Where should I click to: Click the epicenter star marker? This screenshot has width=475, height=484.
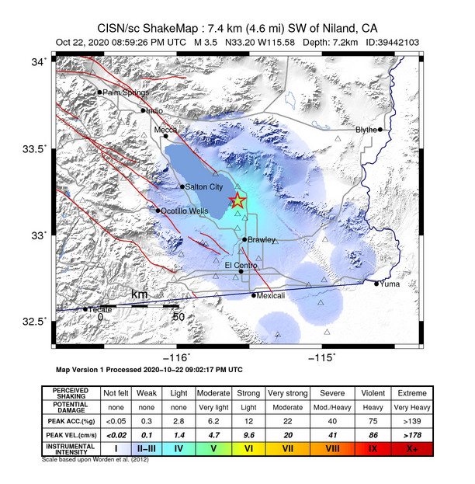click(x=237, y=201)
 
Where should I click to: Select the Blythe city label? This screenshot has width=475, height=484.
click(x=366, y=130)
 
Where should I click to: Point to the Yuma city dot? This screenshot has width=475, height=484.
click(x=377, y=284)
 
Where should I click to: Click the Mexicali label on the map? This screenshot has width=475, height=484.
click(x=272, y=295)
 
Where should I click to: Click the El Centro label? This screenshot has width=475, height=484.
click(x=240, y=265)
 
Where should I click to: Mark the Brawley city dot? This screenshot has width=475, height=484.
click(x=244, y=240)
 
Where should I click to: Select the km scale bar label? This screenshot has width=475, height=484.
click(x=139, y=295)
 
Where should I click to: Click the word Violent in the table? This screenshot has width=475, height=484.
click(x=374, y=392)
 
